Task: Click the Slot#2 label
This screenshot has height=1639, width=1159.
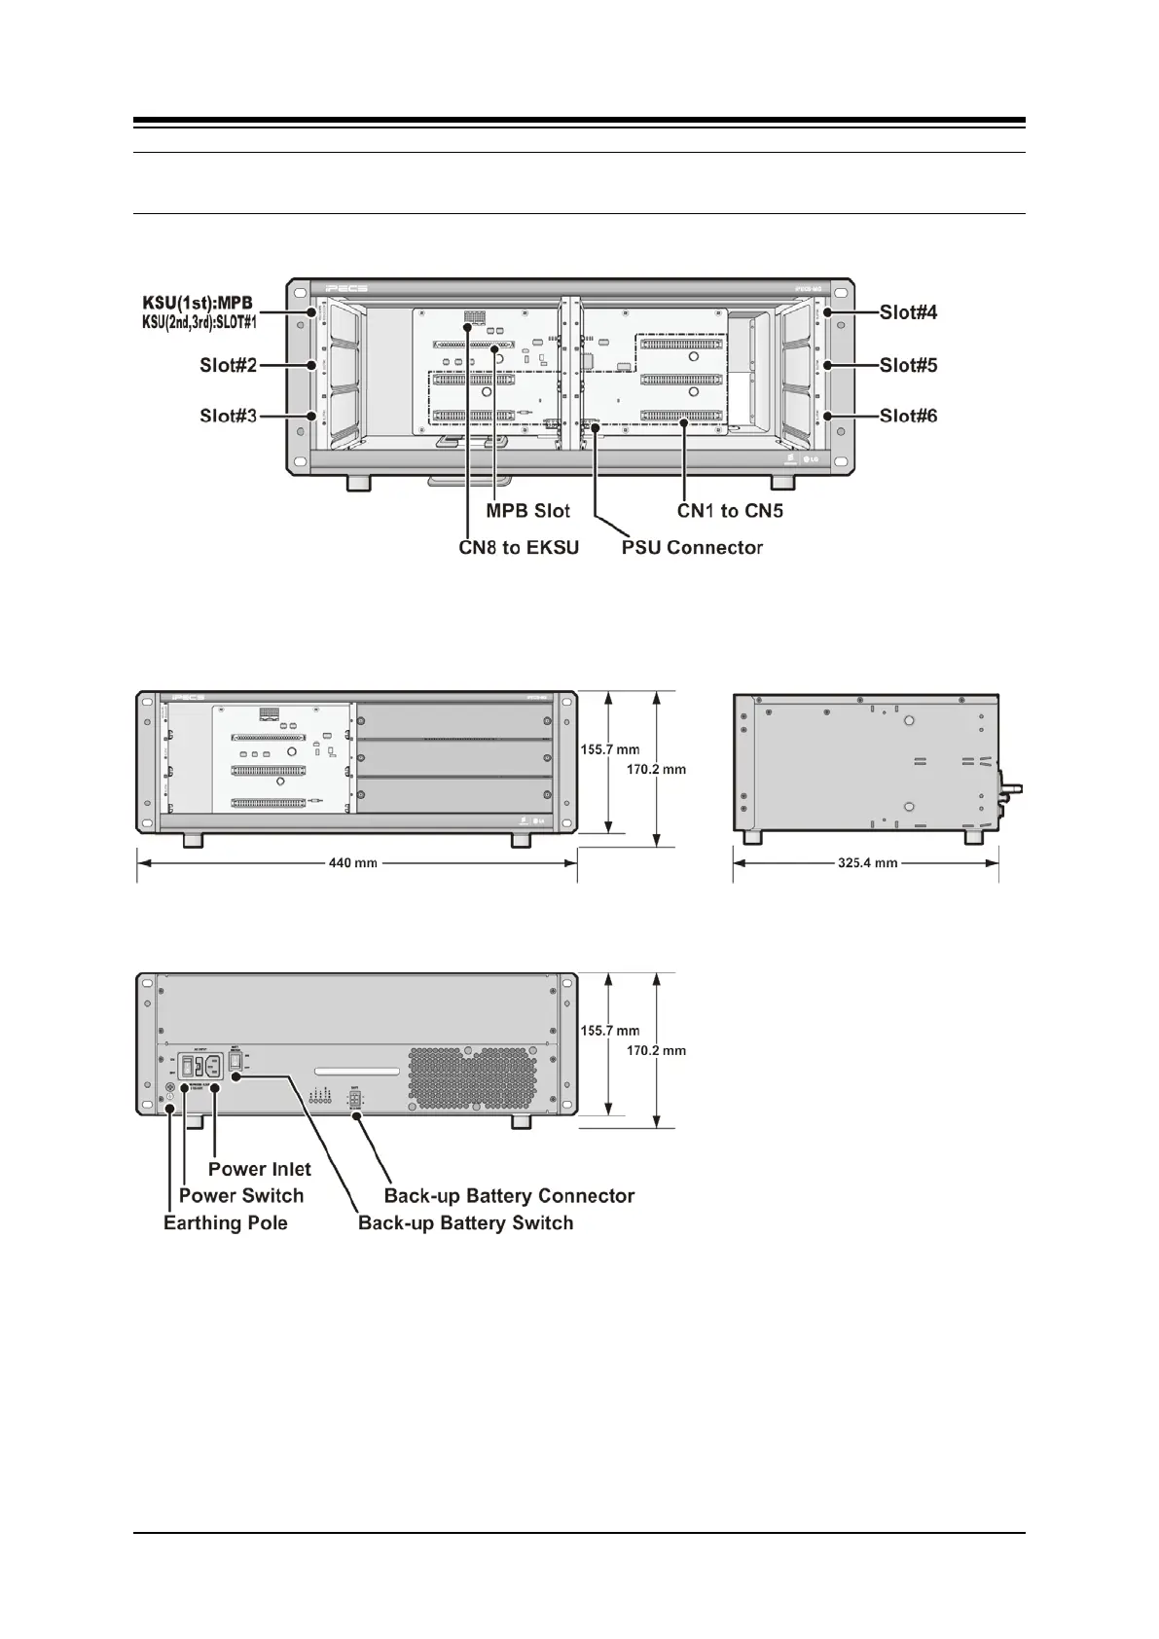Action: coord(228,366)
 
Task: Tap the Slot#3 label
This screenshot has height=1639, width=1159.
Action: coord(228,417)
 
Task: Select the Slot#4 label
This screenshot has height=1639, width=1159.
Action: coord(908,312)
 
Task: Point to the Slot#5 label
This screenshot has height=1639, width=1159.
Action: coord(908,366)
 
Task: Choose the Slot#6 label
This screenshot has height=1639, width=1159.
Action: coord(908,417)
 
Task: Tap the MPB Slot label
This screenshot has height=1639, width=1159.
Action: coord(527,511)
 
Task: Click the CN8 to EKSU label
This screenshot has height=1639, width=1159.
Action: coord(519,548)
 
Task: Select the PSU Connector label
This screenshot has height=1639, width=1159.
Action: coord(692,548)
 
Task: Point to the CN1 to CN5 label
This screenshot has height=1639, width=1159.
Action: coord(730,511)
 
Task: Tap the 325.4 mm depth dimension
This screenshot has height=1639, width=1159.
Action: coord(867,863)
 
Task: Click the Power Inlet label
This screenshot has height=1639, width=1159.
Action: coord(260,1169)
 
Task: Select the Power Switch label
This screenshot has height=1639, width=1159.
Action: coord(241,1195)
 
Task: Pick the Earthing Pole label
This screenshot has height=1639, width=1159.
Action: coord(226,1223)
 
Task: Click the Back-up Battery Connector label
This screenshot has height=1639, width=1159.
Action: coord(509,1195)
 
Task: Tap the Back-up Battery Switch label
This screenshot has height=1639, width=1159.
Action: coord(465,1223)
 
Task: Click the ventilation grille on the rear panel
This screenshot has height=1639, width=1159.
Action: coord(472,1080)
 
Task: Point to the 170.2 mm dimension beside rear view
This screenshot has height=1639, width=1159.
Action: coord(656,1050)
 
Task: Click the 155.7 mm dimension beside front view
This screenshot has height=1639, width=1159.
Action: coord(610,750)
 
